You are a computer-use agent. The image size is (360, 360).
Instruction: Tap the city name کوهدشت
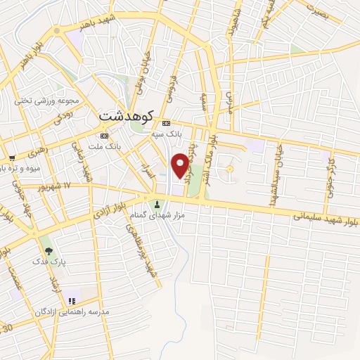click(127, 112)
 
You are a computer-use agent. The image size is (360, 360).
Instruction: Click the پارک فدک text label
click(47, 262)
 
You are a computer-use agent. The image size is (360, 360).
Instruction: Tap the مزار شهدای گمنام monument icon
click(157, 205)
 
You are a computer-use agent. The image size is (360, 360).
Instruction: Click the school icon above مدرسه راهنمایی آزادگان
click(71, 301)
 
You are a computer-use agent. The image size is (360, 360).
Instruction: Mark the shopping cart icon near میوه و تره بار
click(12, 157)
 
